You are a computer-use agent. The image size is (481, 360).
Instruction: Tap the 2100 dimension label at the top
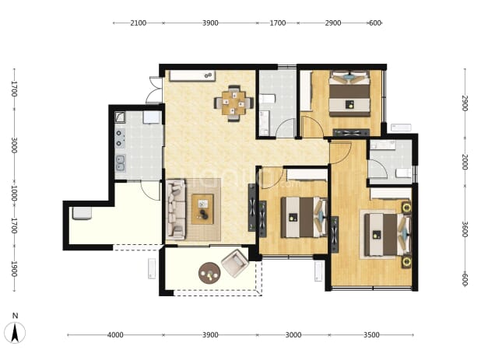pos(138,23)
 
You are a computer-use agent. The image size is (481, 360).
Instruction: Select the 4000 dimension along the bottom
pos(115,335)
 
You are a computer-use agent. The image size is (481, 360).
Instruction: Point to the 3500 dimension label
pos(371,335)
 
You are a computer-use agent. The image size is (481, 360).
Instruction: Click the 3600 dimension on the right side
pos(465,229)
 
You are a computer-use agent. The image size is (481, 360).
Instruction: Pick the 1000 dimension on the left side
pos(14,193)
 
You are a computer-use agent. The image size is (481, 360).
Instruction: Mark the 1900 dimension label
pos(14,269)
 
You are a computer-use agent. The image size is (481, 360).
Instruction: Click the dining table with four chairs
pos(233,103)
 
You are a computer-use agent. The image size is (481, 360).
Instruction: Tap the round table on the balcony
pos(209,273)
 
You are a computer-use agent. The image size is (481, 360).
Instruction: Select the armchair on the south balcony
pos(235,263)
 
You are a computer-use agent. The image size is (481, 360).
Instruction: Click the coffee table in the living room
pos(202,209)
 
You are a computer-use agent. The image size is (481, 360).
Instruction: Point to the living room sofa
pos(176,210)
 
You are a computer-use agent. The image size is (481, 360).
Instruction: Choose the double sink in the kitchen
pos(120,163)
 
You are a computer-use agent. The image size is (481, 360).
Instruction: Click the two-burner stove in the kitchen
pos(120,138)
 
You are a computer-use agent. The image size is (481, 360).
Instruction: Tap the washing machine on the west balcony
pos(82,213)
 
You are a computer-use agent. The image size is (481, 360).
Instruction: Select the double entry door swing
pos(155,89)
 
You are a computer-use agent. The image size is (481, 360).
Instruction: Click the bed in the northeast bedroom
pos(349,93)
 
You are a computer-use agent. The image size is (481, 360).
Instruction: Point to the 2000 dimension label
pos(465,162)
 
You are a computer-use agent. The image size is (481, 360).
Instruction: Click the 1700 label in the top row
pos(278,23)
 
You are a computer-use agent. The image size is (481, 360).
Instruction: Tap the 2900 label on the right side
pos(465,103)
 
